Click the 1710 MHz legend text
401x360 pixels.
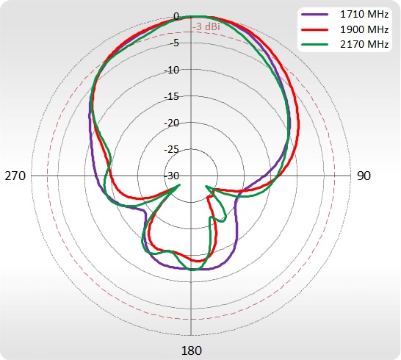tap(364, 15)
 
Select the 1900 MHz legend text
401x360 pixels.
tap(364, 29)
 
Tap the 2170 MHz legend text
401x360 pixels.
tap(364, 45)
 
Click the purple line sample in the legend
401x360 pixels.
tap(314, 15)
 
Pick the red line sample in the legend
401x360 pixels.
tap(314, 30)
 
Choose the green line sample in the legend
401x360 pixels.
tap(314, 45)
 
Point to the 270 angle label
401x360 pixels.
tap(15, 176)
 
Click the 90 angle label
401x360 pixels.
tap(364, 176)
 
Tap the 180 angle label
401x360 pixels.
tap(191, 350)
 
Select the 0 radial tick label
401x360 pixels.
tap(176, 17)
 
